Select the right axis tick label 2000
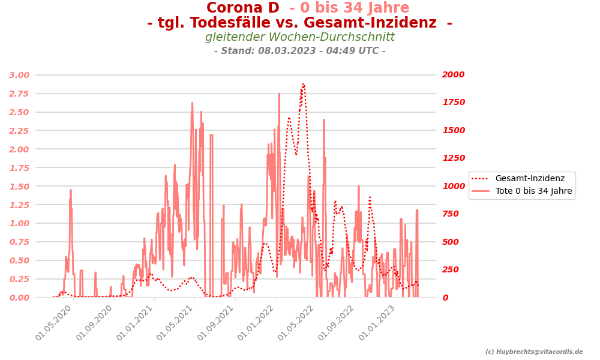(x=453, y=75)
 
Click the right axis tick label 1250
(x=453, y=158)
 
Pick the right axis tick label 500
(x=451, y=242)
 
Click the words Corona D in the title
(x=242, y=8)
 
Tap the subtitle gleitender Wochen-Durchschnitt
(x=300, y=37)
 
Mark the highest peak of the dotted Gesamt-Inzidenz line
(x=303, y=84)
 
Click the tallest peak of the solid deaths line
(x=279, y=94)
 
